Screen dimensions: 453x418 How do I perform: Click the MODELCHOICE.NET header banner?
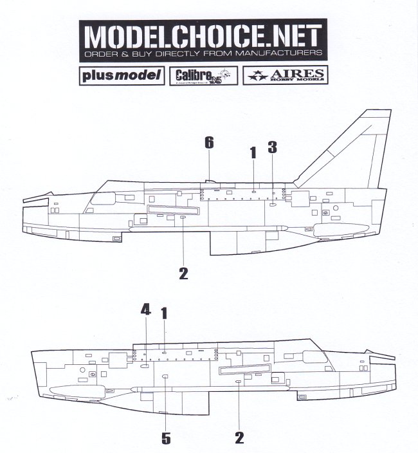[x=203, y=41]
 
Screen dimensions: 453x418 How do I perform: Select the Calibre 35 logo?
[x=203, y=75]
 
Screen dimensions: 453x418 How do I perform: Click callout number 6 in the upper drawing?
[x=209, y=143]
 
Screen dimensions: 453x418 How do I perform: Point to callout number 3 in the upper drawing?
[x=272, y=147]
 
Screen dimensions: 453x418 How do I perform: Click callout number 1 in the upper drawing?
[x=253, y=152]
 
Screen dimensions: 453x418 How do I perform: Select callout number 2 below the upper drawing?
[x=183, y=273]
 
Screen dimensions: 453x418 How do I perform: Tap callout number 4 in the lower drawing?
[x=146, y=311]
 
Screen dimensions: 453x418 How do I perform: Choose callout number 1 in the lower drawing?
[x=164, y=313]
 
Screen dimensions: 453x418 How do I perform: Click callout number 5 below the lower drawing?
[x=165, y=438]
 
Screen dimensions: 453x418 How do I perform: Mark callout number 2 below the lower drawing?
[x=239, y=438]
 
